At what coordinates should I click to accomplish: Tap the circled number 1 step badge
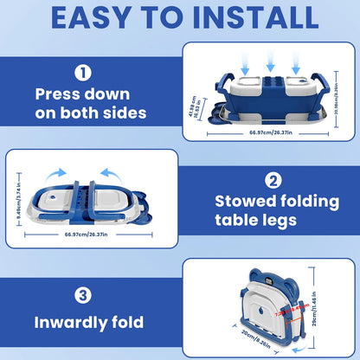coord(82,74)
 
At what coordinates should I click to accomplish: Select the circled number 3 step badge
coord(82,296)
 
